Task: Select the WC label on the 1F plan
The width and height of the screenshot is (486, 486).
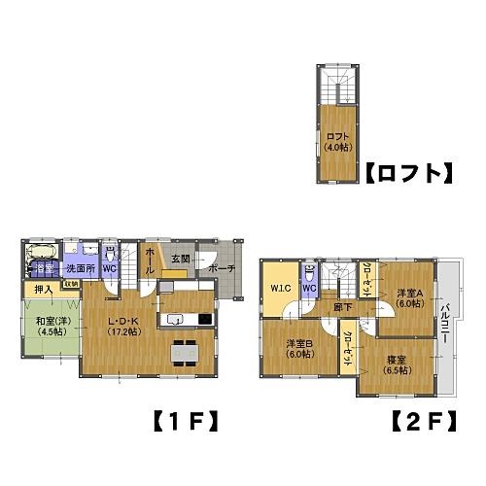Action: tap(110, 268)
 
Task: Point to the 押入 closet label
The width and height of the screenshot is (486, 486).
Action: tap(43, 290)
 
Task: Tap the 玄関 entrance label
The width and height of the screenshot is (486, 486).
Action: tap(182, 259)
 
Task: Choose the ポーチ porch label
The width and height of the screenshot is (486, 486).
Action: tap(221, 269)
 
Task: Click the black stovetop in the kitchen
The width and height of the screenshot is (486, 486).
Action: tap(205, 319)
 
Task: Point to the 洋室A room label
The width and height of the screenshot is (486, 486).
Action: tap(409, 297)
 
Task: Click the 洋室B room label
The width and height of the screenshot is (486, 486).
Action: tap(299, 348)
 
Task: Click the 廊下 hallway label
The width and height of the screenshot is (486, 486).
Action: tap(341, 307)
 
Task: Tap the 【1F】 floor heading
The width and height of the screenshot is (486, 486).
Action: tap(184, 422)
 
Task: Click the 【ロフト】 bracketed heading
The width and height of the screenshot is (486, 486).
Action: tap(409, 175)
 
